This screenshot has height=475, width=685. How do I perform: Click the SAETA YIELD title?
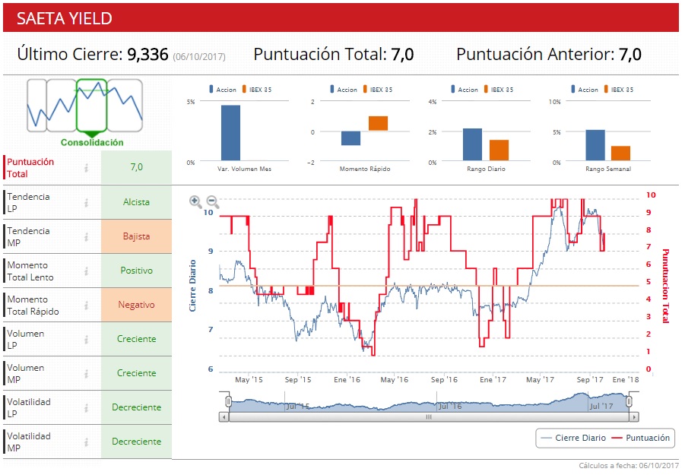[64, 18]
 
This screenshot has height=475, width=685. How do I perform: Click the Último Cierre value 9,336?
[147, 55]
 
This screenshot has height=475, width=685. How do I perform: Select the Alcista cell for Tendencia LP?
[136, 202]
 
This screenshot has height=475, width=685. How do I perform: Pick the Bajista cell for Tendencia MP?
[136, 236]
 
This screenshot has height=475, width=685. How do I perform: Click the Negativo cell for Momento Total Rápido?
[136, 305]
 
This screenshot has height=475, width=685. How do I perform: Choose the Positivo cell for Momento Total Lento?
[136, 271]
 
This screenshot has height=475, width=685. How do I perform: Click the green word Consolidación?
[92, 142]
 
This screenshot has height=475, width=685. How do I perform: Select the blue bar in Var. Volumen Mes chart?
[230, 133]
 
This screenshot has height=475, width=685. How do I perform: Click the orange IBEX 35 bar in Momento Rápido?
[378, 123]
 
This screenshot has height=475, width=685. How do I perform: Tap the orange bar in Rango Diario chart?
[499, 150]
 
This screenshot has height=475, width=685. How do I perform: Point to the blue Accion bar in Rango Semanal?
[595, 145]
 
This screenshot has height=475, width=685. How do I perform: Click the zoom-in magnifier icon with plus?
[195, 201]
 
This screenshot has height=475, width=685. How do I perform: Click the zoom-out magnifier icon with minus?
[213, 201]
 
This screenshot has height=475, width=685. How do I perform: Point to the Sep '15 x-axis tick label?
[298, 379]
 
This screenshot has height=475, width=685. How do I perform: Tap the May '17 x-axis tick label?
[539, 379]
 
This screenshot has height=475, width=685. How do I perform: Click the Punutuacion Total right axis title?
[665, 285]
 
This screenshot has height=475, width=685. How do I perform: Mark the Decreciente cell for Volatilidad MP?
[136, 442]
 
